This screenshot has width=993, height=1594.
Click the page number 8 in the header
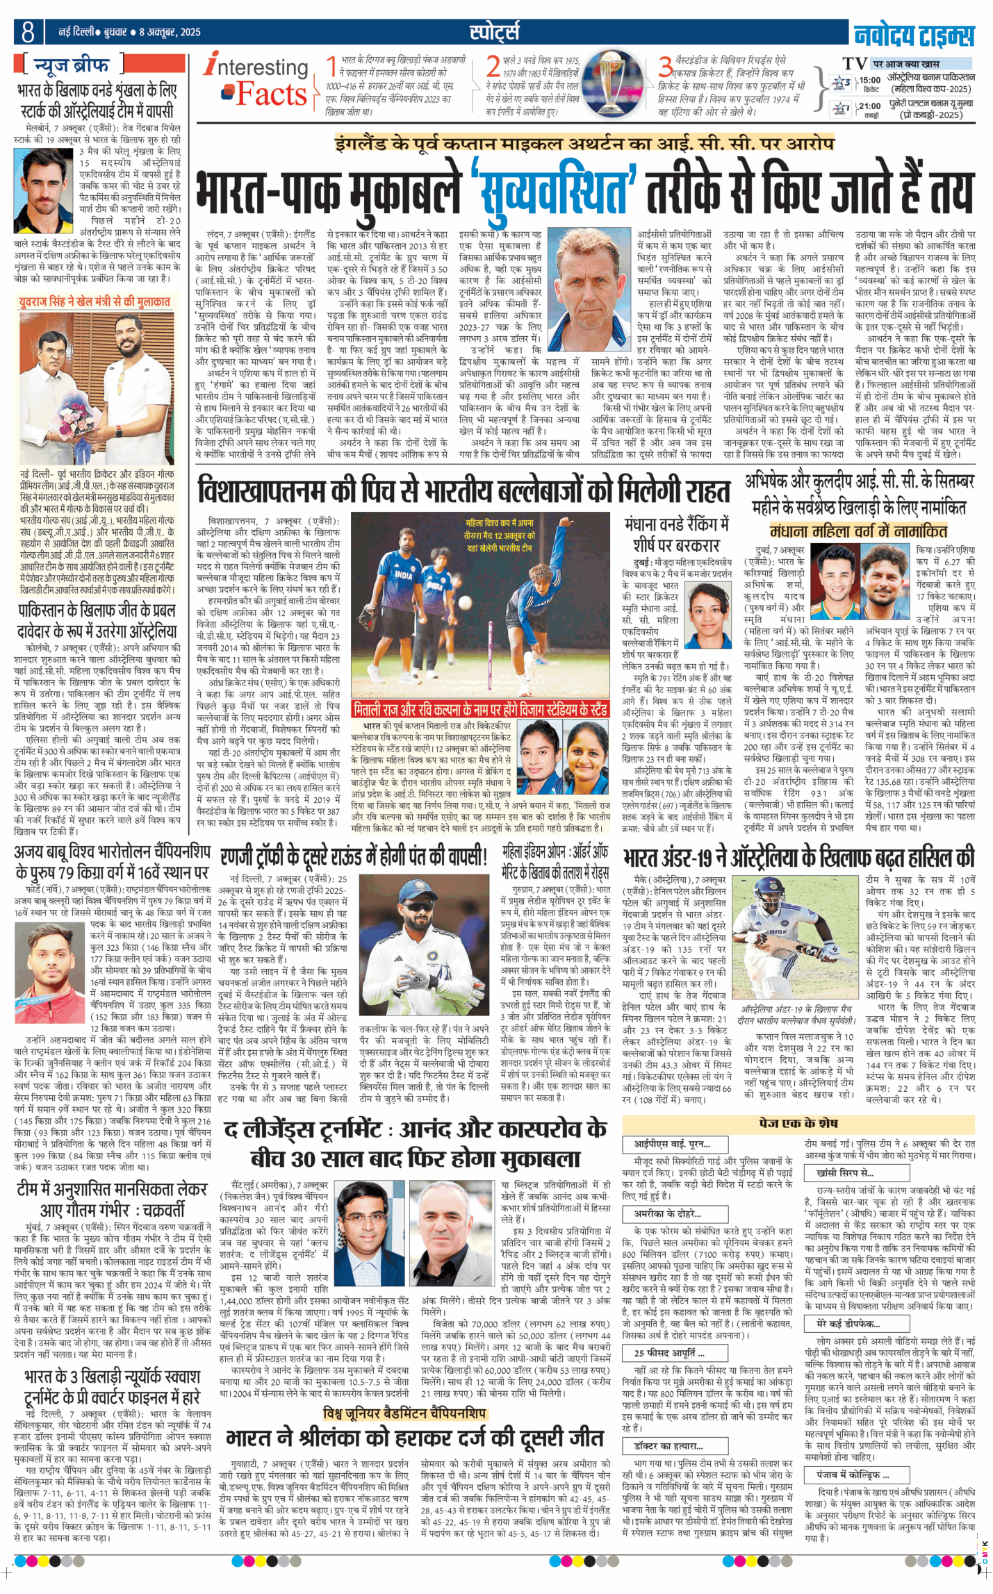pyautogui.click(x=28, y=32)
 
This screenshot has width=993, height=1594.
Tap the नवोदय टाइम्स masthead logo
pyautogui.click(x=913, y=33)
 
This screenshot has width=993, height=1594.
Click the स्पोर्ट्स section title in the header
pyautogui.click(x=494, y=31)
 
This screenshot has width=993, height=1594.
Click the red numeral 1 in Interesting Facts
pyautogui.click(x=332, y=67)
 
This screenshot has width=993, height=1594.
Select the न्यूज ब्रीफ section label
pyautogui.click(x=72, y=65)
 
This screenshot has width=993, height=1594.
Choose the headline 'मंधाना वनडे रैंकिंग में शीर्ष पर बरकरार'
pyautogui.click(x=675, y=533)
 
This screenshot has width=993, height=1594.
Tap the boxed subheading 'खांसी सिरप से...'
pyautogui.click(x=844, y=1173)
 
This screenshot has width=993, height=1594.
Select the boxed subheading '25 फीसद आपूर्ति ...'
pyautogui.click(x=669, y=1353)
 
